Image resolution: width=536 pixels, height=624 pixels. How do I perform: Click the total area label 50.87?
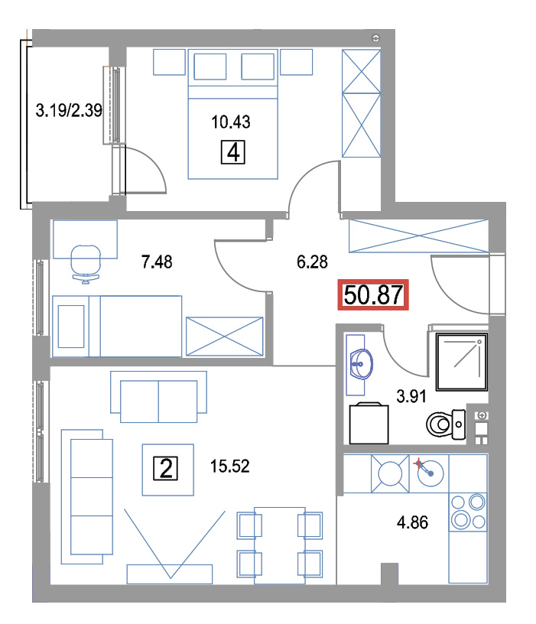373,295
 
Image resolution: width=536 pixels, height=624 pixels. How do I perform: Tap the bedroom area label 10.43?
231,122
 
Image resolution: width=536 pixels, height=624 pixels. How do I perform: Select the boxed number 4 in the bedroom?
232,152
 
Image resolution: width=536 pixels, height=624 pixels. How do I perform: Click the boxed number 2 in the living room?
165,469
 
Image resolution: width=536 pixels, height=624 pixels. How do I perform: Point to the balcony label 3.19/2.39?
69,110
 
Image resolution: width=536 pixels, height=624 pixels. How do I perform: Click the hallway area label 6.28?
313,262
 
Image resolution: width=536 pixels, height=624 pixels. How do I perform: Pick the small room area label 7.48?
157,262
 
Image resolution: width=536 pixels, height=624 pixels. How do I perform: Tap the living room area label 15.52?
230,466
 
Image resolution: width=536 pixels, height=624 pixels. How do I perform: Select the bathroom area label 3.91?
411,396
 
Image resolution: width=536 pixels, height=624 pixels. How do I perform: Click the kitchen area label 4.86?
412,522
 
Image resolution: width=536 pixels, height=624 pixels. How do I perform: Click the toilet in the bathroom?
446,424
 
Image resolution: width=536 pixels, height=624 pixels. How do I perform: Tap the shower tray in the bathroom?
462,362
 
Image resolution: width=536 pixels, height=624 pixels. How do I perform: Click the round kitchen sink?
430,473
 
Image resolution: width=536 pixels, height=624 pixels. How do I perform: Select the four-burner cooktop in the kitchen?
468,512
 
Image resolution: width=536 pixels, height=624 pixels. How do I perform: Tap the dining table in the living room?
280,545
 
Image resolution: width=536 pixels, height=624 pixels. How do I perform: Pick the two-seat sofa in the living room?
158,397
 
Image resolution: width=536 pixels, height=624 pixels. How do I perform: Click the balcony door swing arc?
148,169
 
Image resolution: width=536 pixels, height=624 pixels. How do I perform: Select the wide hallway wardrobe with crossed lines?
418,236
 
